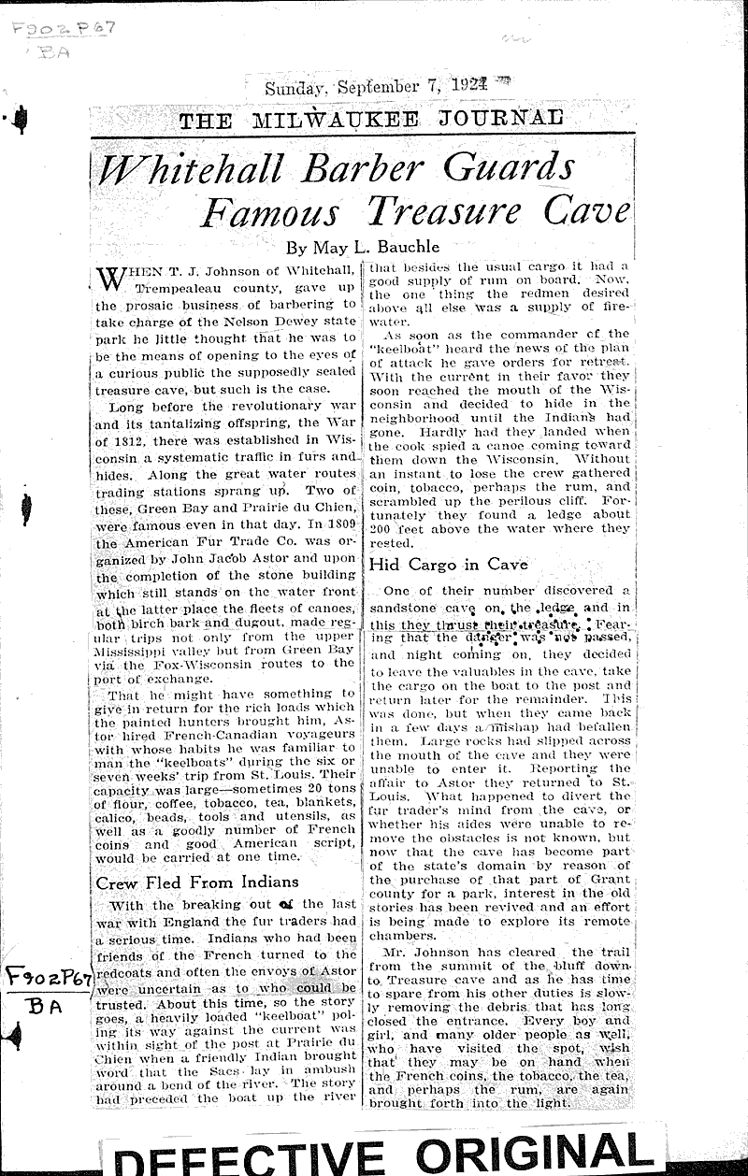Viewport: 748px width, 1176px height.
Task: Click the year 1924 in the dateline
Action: pos(466,87)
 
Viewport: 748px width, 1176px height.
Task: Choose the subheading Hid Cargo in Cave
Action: pos(449,564)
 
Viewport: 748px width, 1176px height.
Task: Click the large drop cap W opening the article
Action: pos(111,280)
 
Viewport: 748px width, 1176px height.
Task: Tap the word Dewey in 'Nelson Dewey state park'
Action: pos(287,322)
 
